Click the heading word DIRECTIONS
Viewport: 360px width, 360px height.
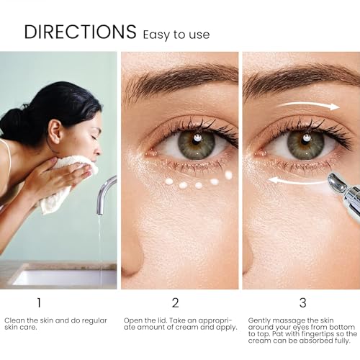[80, 32]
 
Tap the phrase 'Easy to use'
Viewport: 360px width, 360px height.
[176, 35]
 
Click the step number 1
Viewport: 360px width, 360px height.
[39, 302]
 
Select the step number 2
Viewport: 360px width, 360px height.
[176, 302]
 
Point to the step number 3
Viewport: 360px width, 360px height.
[303, 302]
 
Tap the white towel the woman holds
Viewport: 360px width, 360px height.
[65, 182]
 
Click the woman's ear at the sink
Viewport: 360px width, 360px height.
[56, 131]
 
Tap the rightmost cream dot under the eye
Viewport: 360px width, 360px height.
[229, 175]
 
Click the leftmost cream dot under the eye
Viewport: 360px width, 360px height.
[169, 181]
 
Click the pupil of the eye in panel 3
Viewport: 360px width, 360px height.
[306, 139]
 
